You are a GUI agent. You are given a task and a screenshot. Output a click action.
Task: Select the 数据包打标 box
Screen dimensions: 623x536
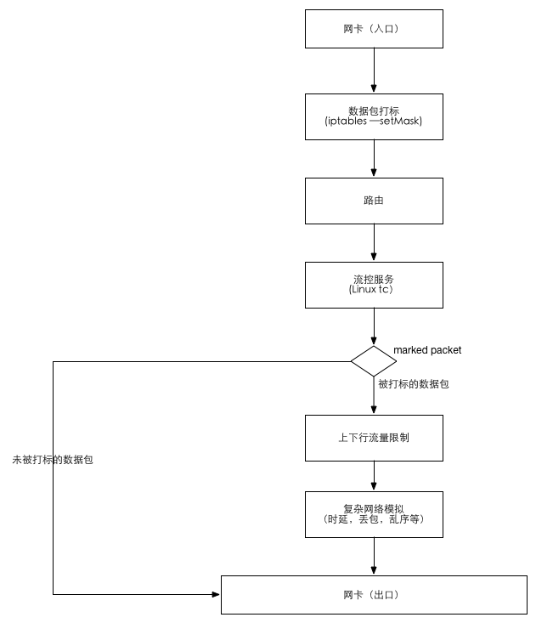tap(374, 116)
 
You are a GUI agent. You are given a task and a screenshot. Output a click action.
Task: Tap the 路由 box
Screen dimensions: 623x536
tap(374, 201)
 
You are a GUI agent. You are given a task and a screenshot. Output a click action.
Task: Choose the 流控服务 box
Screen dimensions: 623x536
tap(374, 285)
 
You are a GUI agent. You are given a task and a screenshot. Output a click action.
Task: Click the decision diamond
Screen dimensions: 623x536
tap(374, 361)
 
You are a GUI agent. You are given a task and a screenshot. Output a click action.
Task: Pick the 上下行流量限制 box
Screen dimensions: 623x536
tap(374, 438)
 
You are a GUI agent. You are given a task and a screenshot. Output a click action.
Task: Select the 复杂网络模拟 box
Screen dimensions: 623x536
tap(374, 513)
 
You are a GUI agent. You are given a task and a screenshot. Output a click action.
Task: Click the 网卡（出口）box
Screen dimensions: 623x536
tap(374, 595)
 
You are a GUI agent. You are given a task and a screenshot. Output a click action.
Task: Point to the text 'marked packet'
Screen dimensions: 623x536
tap(427, 350)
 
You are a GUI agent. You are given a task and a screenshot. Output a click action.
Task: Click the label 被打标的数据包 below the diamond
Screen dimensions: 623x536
tap(414, 384)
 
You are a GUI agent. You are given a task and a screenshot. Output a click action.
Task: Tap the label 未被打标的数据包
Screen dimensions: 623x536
tap(53, 460)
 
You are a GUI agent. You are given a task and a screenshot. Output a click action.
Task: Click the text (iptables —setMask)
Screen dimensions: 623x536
tap(374, 122)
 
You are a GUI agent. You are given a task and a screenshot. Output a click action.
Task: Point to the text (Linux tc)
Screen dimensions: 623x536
tap(370, 290)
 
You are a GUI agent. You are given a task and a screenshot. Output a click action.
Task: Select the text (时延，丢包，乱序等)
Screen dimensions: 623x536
tap(374, 519)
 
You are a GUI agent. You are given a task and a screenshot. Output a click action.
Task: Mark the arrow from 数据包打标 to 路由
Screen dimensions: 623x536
tap(374, 158)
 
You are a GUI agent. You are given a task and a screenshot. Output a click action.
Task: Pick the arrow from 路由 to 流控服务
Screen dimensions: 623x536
tap(374, 242)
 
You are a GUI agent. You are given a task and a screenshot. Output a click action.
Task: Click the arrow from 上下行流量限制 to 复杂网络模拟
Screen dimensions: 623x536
tap(374, 475)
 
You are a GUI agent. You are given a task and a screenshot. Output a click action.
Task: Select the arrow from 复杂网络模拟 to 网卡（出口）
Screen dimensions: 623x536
tap(374, 556)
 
